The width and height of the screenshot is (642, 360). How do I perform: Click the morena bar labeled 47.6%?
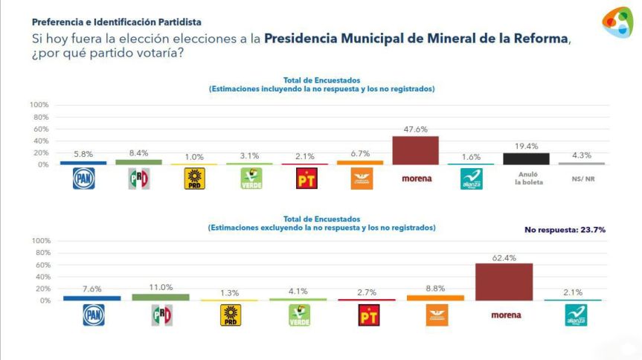click(415, 150)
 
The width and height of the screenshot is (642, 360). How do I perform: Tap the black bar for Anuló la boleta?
click(526, 158)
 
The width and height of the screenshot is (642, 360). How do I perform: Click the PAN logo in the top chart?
click(83, 179)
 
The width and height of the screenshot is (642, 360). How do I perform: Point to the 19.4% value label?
click(526, 147)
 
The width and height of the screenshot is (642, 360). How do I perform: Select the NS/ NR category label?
click(584, 179)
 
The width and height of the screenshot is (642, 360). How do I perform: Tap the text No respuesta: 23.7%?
click(565, 230)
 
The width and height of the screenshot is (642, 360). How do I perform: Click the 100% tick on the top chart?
click(39, 105)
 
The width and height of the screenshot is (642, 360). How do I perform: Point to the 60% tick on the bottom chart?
click(42, 265)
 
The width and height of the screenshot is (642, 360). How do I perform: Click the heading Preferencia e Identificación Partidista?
click(116, 22)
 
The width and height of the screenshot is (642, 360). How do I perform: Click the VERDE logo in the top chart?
click(251, 179)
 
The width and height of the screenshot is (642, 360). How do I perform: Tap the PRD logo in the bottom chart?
click(231, 315)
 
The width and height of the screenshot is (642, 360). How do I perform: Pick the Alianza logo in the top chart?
click(471, 179)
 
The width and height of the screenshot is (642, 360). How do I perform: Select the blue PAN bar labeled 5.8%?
click(83, 162)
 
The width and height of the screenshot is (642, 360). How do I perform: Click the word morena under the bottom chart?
click(506, 315)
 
